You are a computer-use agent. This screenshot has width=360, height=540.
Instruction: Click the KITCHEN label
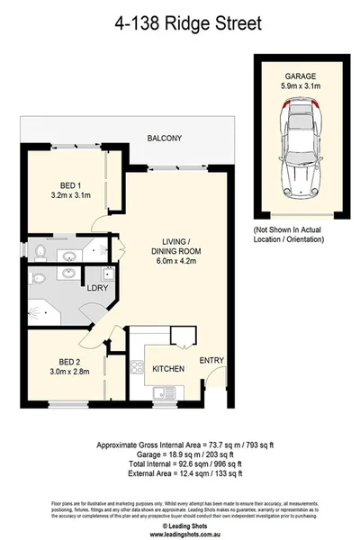click(168, 369)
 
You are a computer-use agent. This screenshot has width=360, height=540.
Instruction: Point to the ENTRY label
click(211, 361)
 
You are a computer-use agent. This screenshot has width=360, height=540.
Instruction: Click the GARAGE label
click(299, 77)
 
